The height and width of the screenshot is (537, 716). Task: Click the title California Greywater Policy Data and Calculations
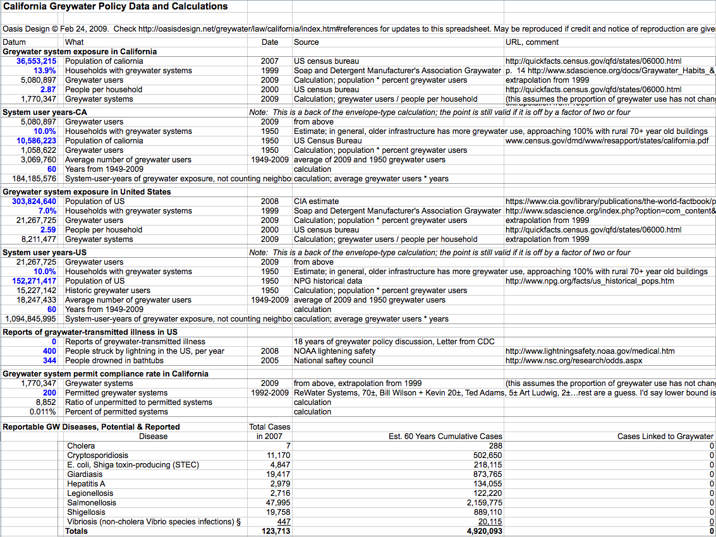point(116,7)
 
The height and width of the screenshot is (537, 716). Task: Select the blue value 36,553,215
point(37,61)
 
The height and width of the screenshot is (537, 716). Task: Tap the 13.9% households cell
point(45,71)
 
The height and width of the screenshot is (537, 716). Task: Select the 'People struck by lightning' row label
point(145,351)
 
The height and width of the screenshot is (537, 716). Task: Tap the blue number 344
point(49,361)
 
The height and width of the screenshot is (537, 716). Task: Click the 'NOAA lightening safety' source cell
point(335,351)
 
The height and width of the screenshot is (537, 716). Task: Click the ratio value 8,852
point(46,402)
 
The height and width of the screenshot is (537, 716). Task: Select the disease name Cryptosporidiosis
point(97,456)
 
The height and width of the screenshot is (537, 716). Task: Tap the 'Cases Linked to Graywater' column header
point(665,437)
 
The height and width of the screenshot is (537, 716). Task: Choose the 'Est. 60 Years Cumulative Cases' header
point(446,437)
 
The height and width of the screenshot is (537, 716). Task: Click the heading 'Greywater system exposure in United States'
point(87,192)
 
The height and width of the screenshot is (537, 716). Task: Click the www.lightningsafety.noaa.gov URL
point(590,351)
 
